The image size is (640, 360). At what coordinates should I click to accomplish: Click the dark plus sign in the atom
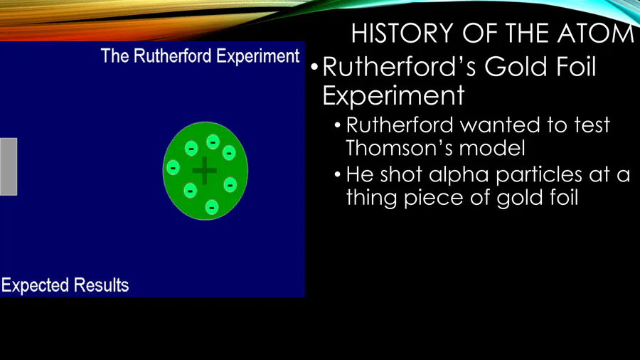(205, 171)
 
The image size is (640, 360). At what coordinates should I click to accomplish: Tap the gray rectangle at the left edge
(8, 166)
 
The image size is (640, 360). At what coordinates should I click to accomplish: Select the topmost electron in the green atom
(213, 142)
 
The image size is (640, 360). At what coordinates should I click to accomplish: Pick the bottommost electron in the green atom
(211, 207)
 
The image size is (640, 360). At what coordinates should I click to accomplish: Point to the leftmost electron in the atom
(173, 167)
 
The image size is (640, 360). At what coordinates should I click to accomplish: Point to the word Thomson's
(400, 148)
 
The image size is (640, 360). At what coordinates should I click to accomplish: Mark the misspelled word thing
(372, 198)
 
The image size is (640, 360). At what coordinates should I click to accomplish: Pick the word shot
(401, 175)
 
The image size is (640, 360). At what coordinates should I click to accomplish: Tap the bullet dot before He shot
(337, 175)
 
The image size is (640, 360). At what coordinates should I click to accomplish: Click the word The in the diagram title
(115, 56)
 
